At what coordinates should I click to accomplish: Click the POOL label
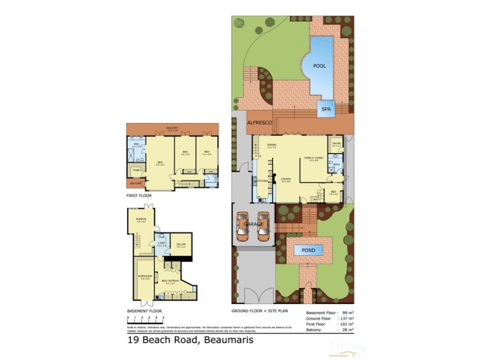pyautogui.click(x=320, y=66)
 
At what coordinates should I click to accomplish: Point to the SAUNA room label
pyautogui.click(x=337, y=143)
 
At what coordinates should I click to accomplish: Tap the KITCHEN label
pyautogui.click(x=261, y=180)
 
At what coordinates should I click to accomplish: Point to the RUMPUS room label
pyautogui.click(x=141, y=220)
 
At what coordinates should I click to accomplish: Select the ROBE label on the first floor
pyautogui.click(x=137, y=170)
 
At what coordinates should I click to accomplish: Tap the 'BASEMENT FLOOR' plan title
pyautogui.click(x=145, y=311)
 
